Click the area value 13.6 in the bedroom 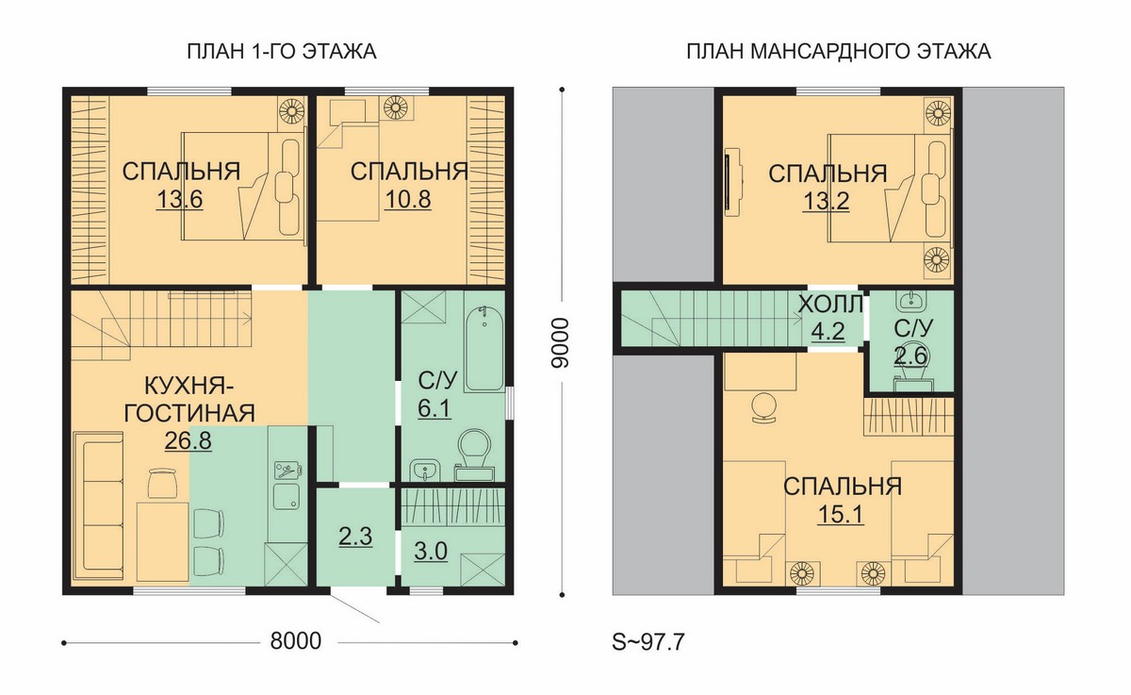click(x=179, y=199)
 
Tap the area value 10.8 click(x=408, y=199)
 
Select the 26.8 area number click(x=188, y=440)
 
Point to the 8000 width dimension click(x=295, y=641)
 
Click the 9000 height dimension click(x=560, y=343)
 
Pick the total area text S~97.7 click(x=648, y=642)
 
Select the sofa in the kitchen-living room click(x=98, y=505)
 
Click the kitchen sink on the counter click(x=287, y=496)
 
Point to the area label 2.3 click(x=355, y=537)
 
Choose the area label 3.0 click(x=431, y=551)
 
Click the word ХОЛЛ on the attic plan click(x=830, y=305)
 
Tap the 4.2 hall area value click(x=828, y=331)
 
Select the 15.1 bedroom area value click(x=841, y=515)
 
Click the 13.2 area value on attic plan click(x=826, y=201)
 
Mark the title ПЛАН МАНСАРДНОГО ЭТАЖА click(x=839, y=52)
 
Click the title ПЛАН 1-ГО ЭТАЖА click(x=282, y=52)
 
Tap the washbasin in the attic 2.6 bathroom click(x=912, y=300)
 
